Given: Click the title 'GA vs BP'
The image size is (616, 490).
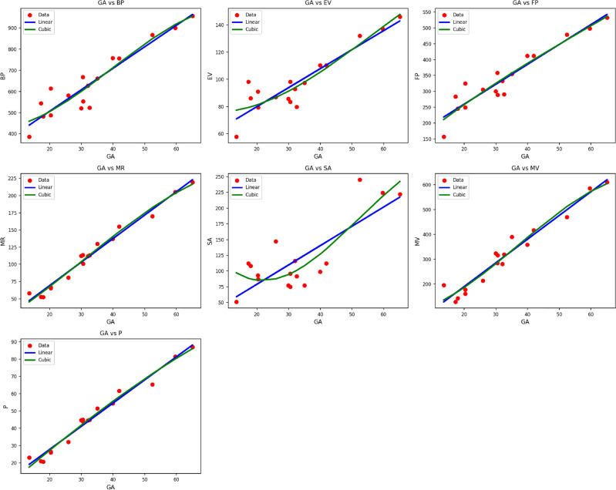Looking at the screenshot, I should (x=111, y=3).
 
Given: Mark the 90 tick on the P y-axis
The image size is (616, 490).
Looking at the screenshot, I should (x=15, y=342).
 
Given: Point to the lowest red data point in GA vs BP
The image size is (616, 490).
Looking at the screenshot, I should (x=29, y=137).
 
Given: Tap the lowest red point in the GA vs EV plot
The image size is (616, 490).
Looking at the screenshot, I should (x=236, y=137).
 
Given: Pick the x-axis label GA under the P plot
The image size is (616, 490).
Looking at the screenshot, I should (x=111, y=486).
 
